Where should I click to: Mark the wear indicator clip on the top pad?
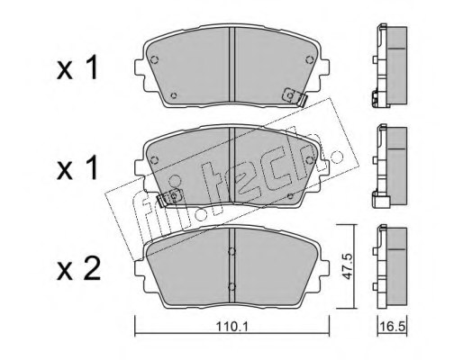click(x=293, y=95)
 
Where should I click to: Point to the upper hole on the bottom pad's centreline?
click(x=232, y=252)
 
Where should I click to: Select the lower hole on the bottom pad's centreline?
click(x=232, y=287)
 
